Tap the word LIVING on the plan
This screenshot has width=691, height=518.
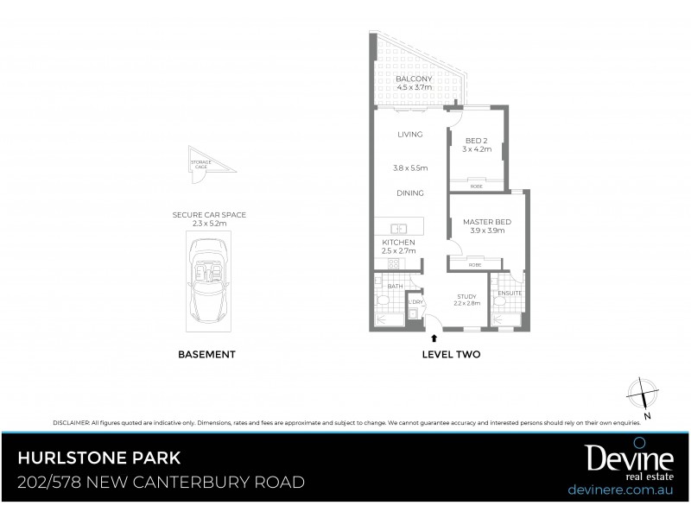[x=409, y=135]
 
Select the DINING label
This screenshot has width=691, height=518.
[x=409, y=193]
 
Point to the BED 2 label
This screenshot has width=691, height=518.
[x=477, y=141]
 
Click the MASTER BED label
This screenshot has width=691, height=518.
[x=487, y=223]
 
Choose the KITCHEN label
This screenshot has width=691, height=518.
[x=399, y=243]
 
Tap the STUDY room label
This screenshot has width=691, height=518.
[x=466, y=295]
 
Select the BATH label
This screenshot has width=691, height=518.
[x=395, y=285]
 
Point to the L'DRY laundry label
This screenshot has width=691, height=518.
[x=415, y=301]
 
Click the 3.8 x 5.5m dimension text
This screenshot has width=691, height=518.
[x=409, y=167]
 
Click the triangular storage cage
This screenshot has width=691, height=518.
[x=205, y=162]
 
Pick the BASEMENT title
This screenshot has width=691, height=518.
[x=206, y=354]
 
